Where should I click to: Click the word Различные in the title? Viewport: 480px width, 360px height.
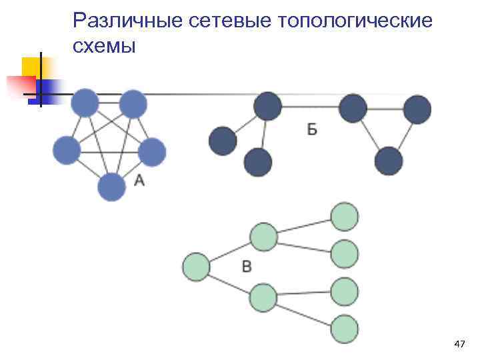[x=127, y=21]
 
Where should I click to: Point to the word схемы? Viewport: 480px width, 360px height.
[x=104, y=46]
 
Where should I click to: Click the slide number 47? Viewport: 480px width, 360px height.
[x=459, y=344]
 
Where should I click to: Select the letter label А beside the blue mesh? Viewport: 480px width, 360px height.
[x=139, y=179]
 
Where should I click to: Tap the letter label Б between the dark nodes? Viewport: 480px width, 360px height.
[x=312, y=129]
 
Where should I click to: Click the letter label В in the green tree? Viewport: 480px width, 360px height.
[x=247, y=267]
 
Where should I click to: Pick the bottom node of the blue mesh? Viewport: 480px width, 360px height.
[x=111, y=187]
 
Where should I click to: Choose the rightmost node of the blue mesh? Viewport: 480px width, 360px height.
[x=152, y=152]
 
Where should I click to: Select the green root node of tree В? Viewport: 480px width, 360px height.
[x=196, y=267]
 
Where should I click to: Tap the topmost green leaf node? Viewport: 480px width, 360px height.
[x=345, y=217]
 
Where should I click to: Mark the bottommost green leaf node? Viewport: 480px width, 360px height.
[x=345, y=329]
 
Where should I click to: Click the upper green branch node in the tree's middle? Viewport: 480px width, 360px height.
[x=263, y=237]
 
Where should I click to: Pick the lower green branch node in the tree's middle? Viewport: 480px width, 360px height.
[x=263, y=297]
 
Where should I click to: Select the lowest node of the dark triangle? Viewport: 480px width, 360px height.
[x=389, y=161]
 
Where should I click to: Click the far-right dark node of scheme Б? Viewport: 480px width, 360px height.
[x=417, y=109]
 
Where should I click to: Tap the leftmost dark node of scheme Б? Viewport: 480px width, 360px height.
[x=223, y=141]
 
